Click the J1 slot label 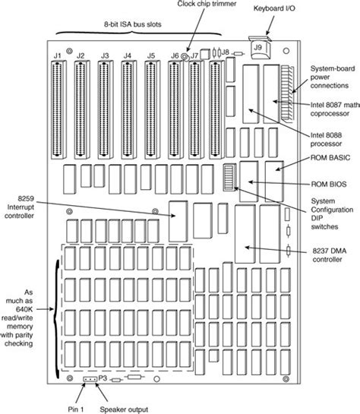click(x=58, y=55)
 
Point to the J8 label click(x=225, y=52)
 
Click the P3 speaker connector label click(x=103, y=377)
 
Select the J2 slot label click(x=81, y=55)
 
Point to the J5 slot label click(x=150, y=55)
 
